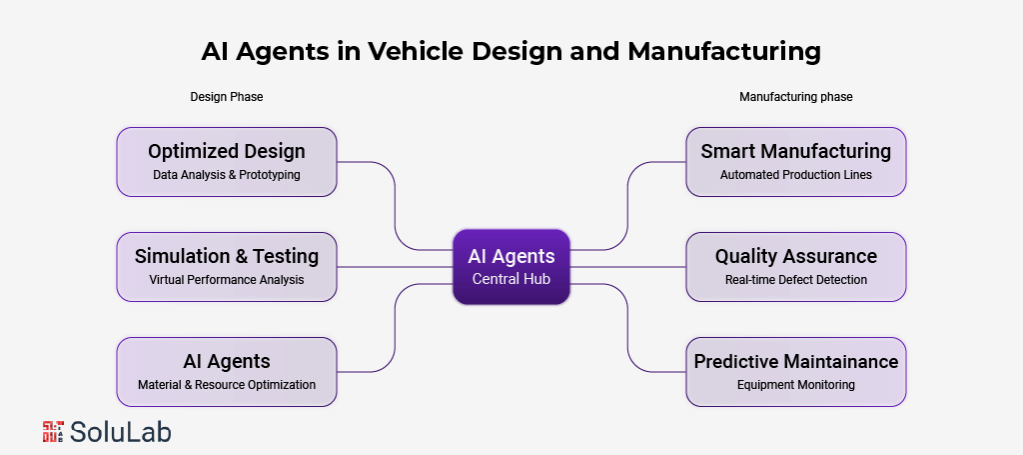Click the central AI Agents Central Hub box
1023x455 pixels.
[511, 266]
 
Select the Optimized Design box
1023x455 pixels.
[227, 161]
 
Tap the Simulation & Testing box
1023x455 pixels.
[227, 266]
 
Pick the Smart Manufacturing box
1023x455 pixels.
[795, 161]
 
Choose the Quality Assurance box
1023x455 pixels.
[795, 266]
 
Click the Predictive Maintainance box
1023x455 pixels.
[795, 371]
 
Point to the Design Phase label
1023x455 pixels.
[227, 97]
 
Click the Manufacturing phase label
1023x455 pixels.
[795, 97]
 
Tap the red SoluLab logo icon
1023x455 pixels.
[53, 431]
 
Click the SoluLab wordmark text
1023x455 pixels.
[121, 431]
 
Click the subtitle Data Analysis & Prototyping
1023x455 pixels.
[227, 175]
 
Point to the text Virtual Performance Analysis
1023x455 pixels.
[227, 280]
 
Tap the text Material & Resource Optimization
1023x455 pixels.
[227, 385]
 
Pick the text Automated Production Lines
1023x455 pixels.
[795, 175]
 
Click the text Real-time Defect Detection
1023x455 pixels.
[795, 280]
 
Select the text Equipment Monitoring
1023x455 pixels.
[795, 385]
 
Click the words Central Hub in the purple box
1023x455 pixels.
[511, 279]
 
